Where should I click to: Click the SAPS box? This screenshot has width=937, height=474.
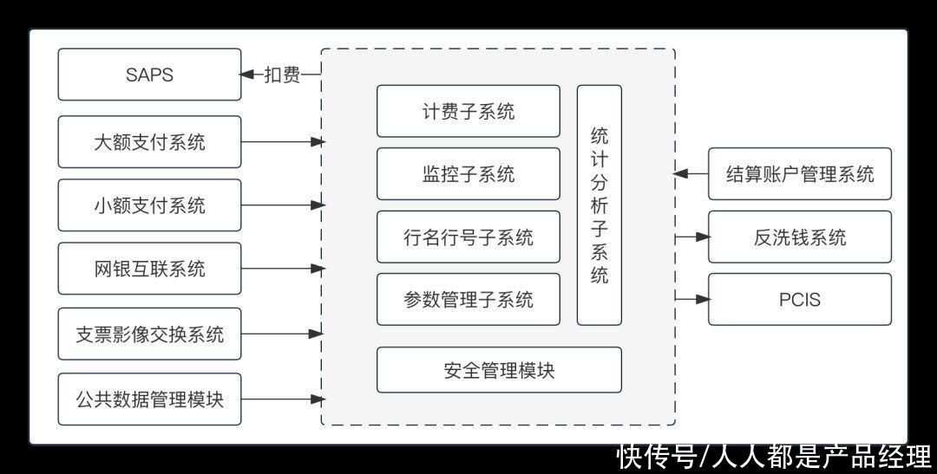click(149, 75)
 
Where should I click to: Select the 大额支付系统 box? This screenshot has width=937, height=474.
click(149, 141)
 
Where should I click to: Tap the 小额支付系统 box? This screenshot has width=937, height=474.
click(149, 205)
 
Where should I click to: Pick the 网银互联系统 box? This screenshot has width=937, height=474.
click(149, 269)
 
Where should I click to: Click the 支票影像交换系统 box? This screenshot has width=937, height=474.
click(149, 333)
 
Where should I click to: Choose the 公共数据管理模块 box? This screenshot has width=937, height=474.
click(149, 399)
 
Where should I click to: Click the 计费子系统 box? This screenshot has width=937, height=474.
click(468, 111)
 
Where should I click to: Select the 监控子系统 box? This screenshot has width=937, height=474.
click(468, 174)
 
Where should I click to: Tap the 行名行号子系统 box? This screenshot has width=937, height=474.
click(468, 237)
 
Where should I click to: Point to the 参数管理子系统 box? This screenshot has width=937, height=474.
click(468, 300)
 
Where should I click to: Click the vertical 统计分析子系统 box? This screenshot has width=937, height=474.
click(599, 205)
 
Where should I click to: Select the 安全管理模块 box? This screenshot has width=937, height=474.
click(499, 370)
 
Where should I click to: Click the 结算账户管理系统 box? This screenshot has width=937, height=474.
click(799, 174)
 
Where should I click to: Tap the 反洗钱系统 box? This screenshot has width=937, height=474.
click(799, 237)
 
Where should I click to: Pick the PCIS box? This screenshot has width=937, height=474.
click(799, 300)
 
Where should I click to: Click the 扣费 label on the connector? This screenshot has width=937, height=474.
click(282, 75)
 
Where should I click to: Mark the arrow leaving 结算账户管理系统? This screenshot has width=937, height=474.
click(691, 174)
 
